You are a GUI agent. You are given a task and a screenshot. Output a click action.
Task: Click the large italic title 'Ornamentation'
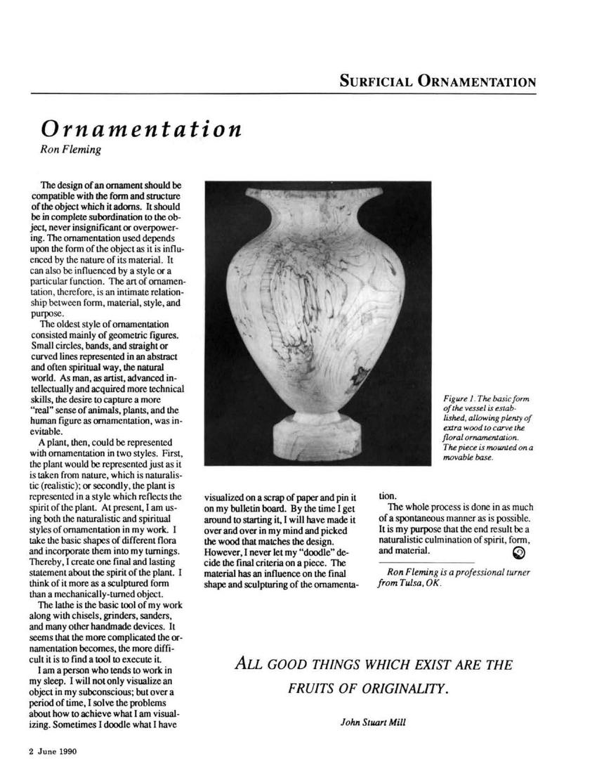click(141, 129)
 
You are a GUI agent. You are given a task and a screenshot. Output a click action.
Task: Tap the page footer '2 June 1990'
click(53, 751)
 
